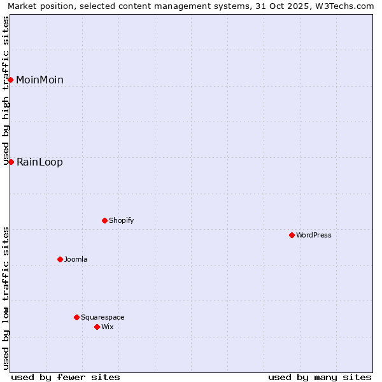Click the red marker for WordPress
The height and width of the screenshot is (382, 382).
[x=292, y=235]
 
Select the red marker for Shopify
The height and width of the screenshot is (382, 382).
[x=104, y=220]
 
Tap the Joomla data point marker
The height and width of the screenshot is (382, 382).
[x=60, y=259]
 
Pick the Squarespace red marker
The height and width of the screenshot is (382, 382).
[x=76, y=317]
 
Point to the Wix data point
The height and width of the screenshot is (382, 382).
[x=97, y=327]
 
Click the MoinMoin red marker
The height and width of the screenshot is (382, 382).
[x=11, y=80]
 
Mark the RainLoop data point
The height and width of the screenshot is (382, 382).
[x=11, y=162]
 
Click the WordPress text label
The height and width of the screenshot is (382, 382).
[x=314, y=235]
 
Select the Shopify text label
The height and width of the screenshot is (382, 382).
[x=121, y=220]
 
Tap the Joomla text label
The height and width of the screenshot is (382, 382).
[x=76, y=259]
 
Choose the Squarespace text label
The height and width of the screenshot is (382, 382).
[x=103, y=317]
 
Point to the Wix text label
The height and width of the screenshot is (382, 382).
[x=108, y=327]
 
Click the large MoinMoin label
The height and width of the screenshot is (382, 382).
[x=39, y=80]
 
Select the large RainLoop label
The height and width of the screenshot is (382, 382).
[x=39, y=162]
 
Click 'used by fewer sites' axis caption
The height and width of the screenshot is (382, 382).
[x=66, y=377]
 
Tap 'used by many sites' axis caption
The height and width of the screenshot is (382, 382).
[x=320, y=377]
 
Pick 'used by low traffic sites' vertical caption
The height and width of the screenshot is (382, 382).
[x=6, y=297]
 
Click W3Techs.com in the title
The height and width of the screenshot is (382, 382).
[x=347, y=6]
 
